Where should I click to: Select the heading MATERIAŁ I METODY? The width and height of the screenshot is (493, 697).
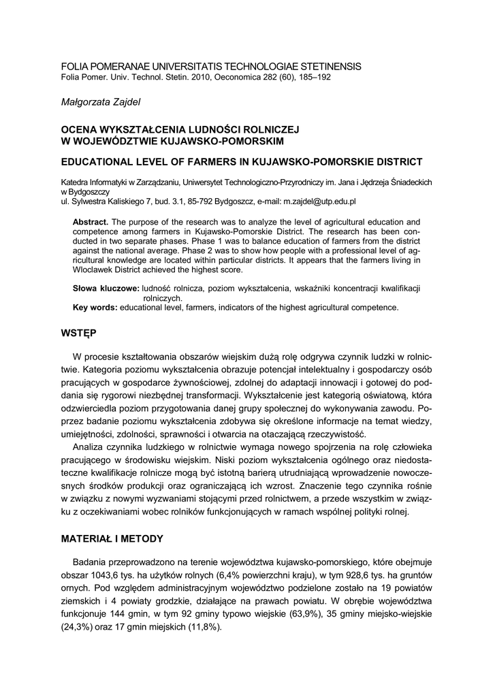coord(112,539)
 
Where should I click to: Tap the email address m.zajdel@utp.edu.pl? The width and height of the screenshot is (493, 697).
coord(320,202)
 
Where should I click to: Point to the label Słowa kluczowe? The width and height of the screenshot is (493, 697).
coord(106,289)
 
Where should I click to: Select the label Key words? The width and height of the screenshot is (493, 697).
coord(95,308)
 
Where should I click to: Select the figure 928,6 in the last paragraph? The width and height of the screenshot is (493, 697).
coord(361,577)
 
